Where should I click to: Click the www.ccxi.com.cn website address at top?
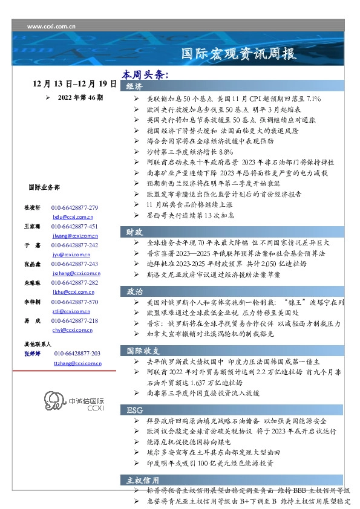click(x=51, y=27)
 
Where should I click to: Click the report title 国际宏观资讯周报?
click(x=239, y=54)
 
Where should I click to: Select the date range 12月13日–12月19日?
click(x=74, y=84)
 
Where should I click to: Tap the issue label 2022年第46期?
click(x=80, y=97)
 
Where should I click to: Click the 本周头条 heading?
click(x=145, y=75)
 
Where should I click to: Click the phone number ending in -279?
click(x=74, y=207)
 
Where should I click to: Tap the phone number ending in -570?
click(x=74, y=301)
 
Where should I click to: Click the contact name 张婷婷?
click(x=32, y=353)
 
